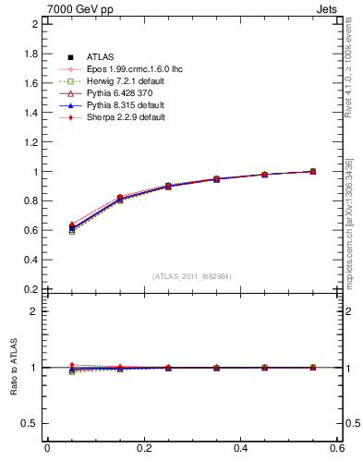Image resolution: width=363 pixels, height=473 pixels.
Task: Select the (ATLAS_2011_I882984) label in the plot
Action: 191,276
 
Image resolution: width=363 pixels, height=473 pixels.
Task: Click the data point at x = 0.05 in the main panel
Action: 71,227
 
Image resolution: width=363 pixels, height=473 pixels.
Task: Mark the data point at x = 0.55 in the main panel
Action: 312,171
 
